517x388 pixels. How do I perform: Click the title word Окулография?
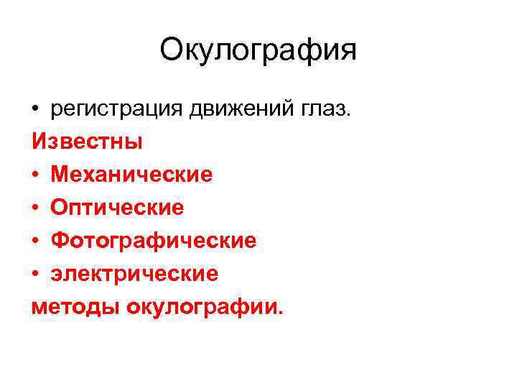[x=258, y=50]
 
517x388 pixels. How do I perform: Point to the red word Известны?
[x=87, y=142]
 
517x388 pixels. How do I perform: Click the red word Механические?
[x=131, y=175]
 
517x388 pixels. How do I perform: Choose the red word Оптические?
[x=117, y=208]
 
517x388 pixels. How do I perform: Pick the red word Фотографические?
[x=153, y=241]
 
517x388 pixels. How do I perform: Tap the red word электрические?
[x=134, y=274]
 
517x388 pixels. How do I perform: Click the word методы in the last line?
[x=76, y=307]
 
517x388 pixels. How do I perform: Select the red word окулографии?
[x=202, y=307]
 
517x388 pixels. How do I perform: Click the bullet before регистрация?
[x=37, y=109]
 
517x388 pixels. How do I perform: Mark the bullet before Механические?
[x=37, y=175]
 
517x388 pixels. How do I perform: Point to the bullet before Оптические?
[x=37, y=208]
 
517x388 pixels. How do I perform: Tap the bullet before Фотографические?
[x=37, y=241]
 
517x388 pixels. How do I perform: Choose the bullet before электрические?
[x=37, y=274]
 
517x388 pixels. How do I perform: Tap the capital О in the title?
[x=172, y=50]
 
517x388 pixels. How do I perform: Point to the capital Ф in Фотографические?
[x=59, y=241]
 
